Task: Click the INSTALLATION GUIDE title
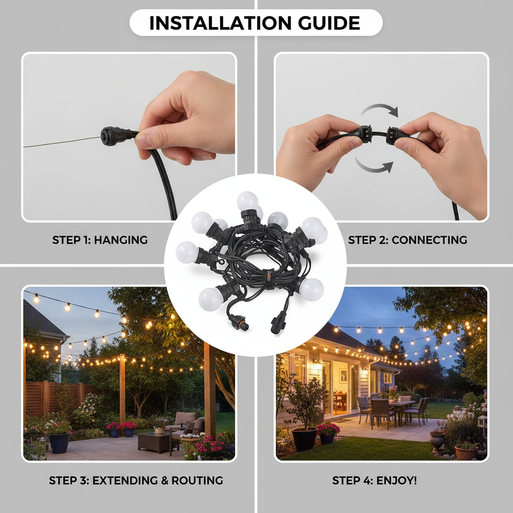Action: [255, 23]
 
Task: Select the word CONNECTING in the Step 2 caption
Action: [429, 240]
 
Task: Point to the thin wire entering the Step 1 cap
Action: [60, 142]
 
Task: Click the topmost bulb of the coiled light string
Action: [247, 201]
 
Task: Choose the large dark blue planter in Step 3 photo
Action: [59, 442]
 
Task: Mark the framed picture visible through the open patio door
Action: [343, 375]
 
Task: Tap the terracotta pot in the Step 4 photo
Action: [466, 452]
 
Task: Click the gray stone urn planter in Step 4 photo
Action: [437, 440]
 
